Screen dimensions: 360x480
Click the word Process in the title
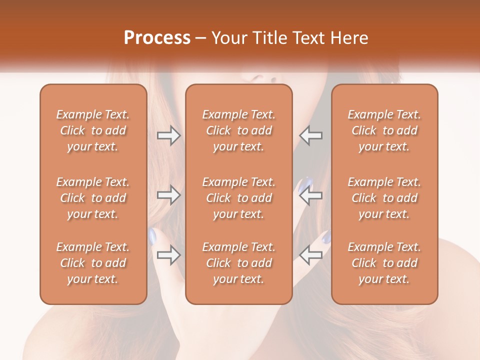157,38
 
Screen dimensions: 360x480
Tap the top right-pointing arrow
168,135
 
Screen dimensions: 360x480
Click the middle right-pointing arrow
168,194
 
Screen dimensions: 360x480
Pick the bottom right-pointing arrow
168,255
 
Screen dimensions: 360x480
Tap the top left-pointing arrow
311,135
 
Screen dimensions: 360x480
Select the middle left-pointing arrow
311,194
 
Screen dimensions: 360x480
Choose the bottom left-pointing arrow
311,255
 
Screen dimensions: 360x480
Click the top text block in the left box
93,130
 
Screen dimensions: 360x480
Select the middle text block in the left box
93,198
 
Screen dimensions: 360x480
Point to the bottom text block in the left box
93,263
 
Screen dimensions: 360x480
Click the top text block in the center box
239,130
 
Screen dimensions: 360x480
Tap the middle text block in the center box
239,198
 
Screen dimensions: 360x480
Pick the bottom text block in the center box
239,263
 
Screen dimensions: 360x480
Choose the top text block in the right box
384,130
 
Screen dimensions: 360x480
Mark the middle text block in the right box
384,198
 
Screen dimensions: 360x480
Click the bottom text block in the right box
384,263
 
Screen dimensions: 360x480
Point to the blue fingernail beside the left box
152,235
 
